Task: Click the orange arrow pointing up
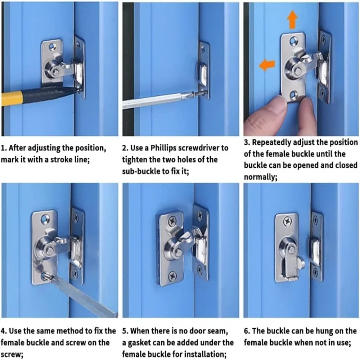click(292, 21)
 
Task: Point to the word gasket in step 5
click(138, 342)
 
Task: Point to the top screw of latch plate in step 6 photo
click(287, 221)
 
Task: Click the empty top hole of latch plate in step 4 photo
click(45, 218)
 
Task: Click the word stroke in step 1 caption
click(68, 159)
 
